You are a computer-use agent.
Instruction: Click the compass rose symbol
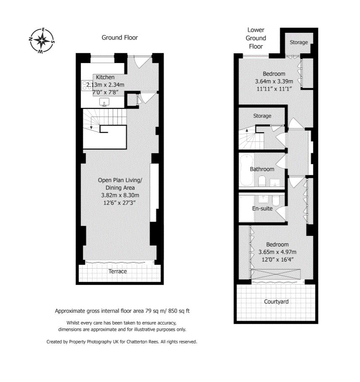[41, 41]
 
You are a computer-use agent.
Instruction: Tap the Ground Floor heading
[120, 38]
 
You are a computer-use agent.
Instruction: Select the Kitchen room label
[105, 77]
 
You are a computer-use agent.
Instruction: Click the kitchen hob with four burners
[87, 86]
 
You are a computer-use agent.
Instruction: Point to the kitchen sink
[104, 102]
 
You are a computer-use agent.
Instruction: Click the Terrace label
[117, 272]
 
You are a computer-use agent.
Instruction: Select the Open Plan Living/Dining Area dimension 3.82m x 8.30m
[120, 195]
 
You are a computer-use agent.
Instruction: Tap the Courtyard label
[276, 302]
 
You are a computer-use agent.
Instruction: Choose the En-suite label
[262, 208]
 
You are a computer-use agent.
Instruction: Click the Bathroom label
[262, 169]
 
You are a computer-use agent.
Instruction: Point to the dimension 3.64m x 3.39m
[274, 81]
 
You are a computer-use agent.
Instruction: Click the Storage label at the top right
[299, 42]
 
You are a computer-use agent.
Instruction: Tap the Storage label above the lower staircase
[262, 116]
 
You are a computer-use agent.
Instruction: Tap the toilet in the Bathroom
[262, 181]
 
